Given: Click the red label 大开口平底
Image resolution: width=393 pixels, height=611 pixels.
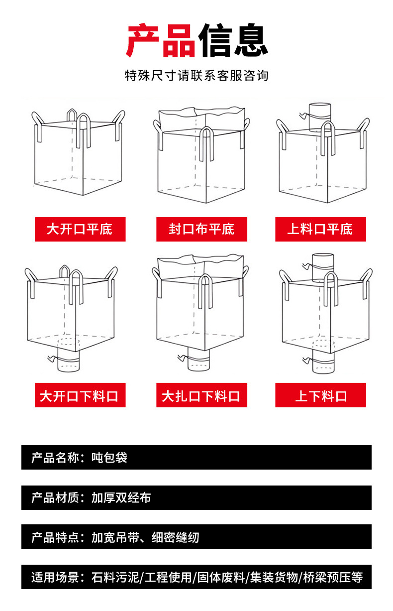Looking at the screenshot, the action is tap(80, 229).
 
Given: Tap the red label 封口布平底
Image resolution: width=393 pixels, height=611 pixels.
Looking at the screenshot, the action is tap(201, 229).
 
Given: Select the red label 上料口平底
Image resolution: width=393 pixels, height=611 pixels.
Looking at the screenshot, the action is tap(320, 229).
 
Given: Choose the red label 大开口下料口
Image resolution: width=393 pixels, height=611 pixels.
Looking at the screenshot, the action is tap(80, 396).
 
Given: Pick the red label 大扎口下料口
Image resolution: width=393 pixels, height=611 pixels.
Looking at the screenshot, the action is tap(201, 396).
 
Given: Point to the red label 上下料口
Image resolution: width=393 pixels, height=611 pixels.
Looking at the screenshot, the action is tap(320, 396).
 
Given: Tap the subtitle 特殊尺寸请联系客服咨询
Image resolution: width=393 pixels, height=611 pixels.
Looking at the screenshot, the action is tap(196, 76).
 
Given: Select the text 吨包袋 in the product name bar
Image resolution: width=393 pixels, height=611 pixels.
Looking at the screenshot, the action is tap(109, 458).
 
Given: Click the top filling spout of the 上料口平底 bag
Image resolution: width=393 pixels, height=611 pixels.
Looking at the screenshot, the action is tap(320, 116).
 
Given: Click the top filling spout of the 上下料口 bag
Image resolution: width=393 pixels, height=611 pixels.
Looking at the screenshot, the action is tap(322, 266).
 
